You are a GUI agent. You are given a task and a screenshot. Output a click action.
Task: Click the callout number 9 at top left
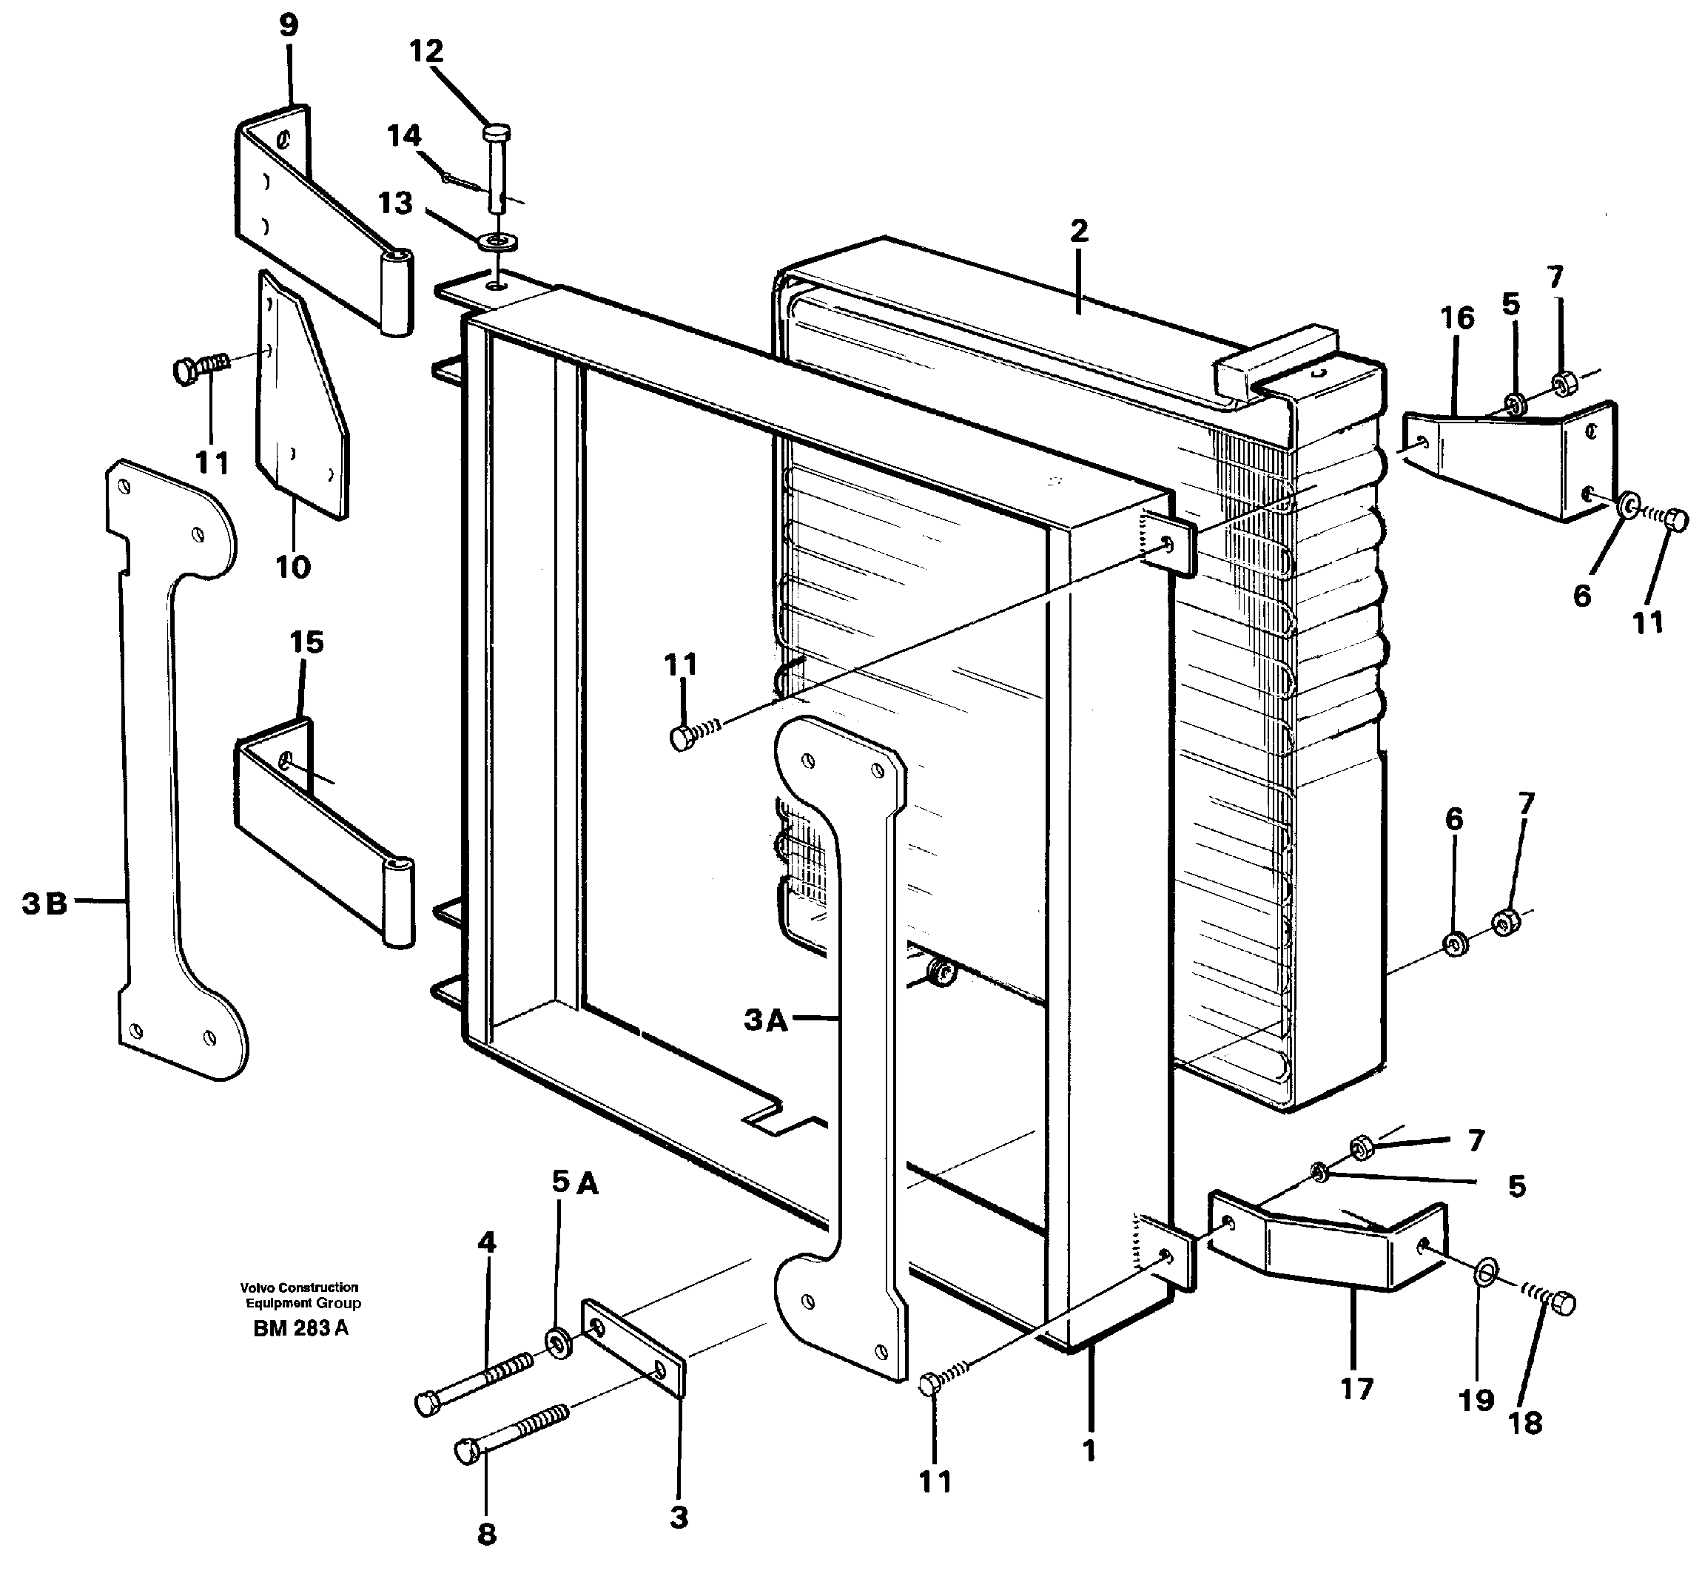[289, 26]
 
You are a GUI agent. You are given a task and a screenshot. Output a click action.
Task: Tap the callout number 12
[425, 51]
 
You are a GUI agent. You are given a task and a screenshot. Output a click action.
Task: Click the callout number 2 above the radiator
[1078, 231]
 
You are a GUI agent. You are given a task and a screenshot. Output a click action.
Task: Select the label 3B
[44, 903]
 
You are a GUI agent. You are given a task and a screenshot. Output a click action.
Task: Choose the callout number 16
[1457, 318]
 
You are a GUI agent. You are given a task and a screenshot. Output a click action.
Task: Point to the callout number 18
[1525, 1423]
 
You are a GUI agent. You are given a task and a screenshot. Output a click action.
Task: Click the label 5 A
[574, 1182]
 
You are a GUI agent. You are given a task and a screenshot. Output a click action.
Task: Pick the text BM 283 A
[300, 1329]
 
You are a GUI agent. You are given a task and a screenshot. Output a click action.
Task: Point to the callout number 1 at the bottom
[1089, 1450]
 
